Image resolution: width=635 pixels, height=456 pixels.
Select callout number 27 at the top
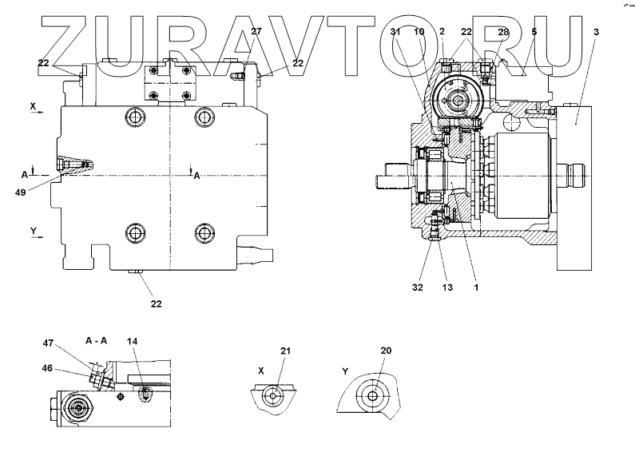coord(256,31)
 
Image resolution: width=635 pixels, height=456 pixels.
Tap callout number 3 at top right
coord(595,31)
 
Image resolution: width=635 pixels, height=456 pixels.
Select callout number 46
coord(49,370)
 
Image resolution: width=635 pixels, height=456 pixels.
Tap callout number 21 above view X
coord(286,351)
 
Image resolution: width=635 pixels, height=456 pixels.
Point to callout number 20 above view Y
coord(387,351)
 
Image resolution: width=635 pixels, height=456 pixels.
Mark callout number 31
coord(396,31)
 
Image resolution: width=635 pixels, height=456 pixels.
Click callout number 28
coord(502,31)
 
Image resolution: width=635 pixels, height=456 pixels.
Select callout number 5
coord(533,31)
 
